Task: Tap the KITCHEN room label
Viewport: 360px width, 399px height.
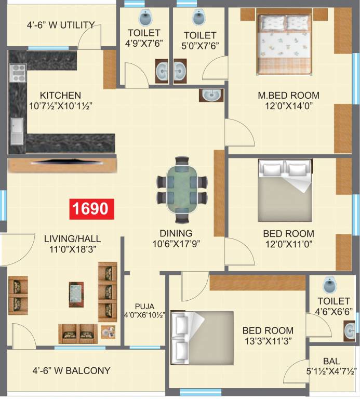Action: [61, 96]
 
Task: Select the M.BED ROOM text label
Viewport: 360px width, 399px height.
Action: [289, 96]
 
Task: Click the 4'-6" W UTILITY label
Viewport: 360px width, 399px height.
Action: [61, 24]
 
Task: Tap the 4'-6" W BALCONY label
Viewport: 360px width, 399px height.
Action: [71, 370]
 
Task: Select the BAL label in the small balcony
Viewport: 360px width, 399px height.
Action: [331, 361]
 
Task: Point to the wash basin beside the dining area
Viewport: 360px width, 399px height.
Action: [211, 95]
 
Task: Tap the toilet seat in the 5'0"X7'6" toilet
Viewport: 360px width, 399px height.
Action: [198, 17]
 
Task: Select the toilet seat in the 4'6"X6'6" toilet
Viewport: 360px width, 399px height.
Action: [329, 284]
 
